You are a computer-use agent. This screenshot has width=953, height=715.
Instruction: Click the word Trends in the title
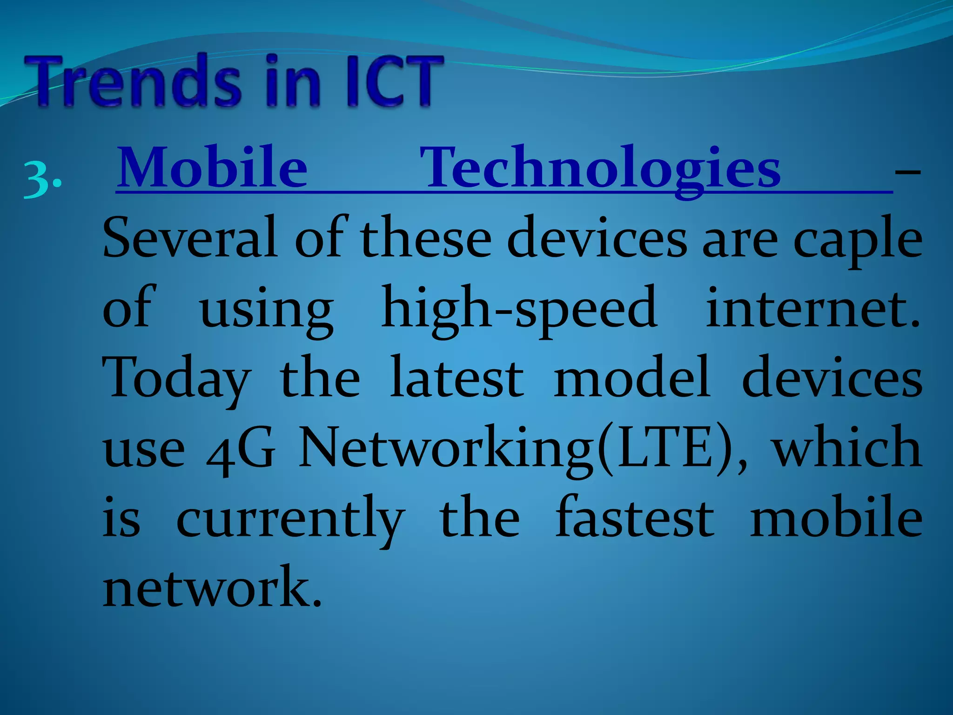pos(135,81)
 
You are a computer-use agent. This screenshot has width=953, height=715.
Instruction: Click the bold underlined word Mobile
pos(212,168)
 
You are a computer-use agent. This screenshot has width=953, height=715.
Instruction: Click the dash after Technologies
pos(907,172)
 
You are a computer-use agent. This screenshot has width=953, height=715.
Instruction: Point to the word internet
pos(812,307)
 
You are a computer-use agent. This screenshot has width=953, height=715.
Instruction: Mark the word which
pos(847,447)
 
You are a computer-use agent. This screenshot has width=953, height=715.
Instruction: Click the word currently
pos(290,519)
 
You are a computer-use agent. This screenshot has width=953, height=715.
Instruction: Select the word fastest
pos(635,517)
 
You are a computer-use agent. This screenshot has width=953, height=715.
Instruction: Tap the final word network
pos(212,587)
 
